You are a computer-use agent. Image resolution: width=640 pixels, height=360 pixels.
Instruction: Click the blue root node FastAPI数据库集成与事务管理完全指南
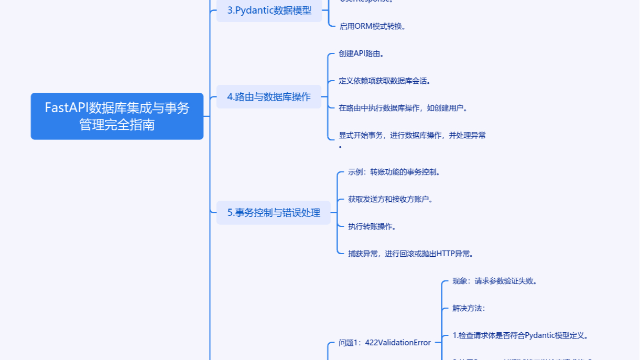tap(117, 116)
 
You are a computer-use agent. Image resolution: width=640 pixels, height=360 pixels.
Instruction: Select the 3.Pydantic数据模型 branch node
tap(269, 10)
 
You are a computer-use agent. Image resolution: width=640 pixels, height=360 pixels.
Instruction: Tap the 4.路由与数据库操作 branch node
tap(268, 97)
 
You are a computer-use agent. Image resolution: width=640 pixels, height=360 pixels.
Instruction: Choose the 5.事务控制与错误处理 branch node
tap(273, 213)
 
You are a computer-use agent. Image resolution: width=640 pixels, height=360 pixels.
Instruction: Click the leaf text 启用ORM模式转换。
tap(372, 26)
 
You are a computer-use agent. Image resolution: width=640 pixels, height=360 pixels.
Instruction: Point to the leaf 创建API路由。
tap(365, 53)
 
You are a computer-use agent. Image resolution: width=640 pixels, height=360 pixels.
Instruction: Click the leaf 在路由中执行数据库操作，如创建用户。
tap(403, 108)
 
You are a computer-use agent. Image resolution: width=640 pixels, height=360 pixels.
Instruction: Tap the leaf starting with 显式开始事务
tap(412, 135)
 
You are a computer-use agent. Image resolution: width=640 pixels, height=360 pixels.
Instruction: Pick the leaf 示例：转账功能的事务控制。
tap(394, 172)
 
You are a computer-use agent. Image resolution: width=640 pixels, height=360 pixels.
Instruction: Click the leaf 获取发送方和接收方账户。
tap(390, 199)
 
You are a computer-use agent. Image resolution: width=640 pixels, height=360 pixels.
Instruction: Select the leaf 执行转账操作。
tap(372, 226)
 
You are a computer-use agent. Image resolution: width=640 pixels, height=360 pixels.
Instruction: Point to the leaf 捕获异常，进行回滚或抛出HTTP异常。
tap(411, 254)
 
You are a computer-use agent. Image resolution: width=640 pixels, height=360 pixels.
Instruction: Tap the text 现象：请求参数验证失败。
tap(494, 281)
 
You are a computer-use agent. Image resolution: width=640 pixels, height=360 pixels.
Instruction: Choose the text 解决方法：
tap(469, 308)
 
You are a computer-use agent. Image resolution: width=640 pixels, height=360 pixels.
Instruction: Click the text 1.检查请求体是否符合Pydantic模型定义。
tap(519, 335)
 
